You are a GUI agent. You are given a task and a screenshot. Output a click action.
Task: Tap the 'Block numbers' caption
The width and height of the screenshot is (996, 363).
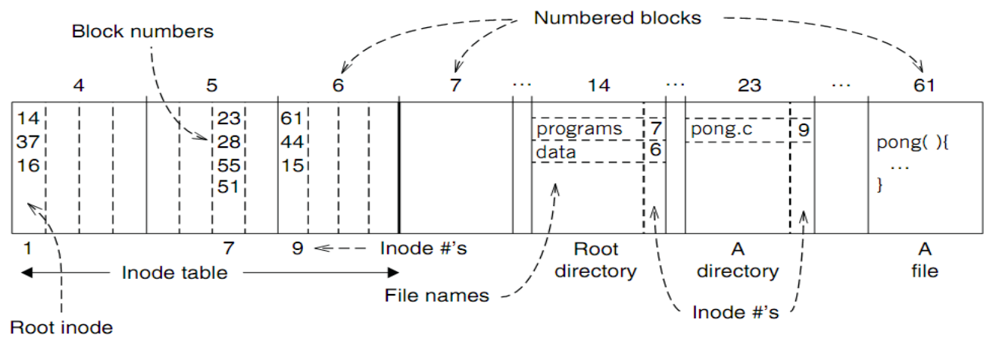pyautogui.click(x=143, y=32)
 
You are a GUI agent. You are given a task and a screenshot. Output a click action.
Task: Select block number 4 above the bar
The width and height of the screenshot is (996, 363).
pyautogui.click(x=78, y=86)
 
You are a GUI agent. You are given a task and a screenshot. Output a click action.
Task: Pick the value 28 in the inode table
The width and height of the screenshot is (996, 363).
pyautogui.click(x=228, y=142)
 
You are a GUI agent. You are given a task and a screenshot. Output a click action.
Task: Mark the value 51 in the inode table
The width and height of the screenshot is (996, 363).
pyautogui.click(x=228, y=186)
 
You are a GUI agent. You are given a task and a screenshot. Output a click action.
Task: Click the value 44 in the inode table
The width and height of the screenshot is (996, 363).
pyautogui.click(x=292, y=142)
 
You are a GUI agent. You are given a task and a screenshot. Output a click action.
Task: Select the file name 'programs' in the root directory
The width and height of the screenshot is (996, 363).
pyautogui.click(x=579, y=130)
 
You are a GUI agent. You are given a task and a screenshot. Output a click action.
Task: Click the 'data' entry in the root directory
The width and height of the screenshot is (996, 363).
pyautogui.click(x=557, y=152)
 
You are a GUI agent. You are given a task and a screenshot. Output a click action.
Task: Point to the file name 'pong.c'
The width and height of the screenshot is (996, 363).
pyautogui.click(x=721, y=130)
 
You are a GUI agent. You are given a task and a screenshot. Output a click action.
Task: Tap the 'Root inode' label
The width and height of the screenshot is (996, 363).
pyautogui.click(x=61, y=327)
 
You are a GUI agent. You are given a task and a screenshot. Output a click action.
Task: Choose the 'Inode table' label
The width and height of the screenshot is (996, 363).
pyautogui.click(x=174, y=273)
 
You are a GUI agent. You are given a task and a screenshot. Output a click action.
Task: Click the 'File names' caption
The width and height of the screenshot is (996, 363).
pyautogui.click(x=438, y=296)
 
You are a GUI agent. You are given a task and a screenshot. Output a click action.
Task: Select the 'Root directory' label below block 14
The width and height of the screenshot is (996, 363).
pyautogui.click(x=595, y=260)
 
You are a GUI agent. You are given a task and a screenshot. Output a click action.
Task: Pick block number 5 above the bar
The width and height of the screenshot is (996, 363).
pyautogui.click(x=211, y=86)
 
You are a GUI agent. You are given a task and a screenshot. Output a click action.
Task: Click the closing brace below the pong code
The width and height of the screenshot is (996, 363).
pyautogui.click(x=879, y=185)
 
